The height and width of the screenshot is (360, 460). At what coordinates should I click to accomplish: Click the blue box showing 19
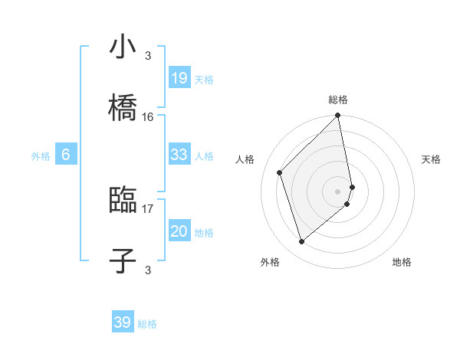179,77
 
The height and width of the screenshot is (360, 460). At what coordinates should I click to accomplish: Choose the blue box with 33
179,155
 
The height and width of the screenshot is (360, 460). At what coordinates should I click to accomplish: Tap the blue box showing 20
179,232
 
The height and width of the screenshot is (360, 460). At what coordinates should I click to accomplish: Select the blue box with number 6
66,155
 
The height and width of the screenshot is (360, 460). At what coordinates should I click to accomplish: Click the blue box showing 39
123,322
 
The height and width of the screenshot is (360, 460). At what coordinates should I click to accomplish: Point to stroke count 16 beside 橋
148,116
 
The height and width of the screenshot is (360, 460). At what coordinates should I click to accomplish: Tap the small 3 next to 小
148,55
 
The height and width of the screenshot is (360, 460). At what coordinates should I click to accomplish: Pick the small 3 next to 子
148,270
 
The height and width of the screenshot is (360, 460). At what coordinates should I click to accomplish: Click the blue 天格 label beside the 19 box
204,79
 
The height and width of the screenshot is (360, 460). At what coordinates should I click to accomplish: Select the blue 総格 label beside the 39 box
147,324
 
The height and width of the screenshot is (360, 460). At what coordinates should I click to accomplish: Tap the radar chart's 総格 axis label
338,100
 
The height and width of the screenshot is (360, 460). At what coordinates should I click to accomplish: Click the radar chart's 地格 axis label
402,262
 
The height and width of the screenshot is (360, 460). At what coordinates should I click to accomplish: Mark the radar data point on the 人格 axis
280,172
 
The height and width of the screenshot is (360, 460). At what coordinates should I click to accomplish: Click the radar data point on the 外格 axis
302,242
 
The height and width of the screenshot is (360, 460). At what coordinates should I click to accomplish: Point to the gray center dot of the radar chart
338,191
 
